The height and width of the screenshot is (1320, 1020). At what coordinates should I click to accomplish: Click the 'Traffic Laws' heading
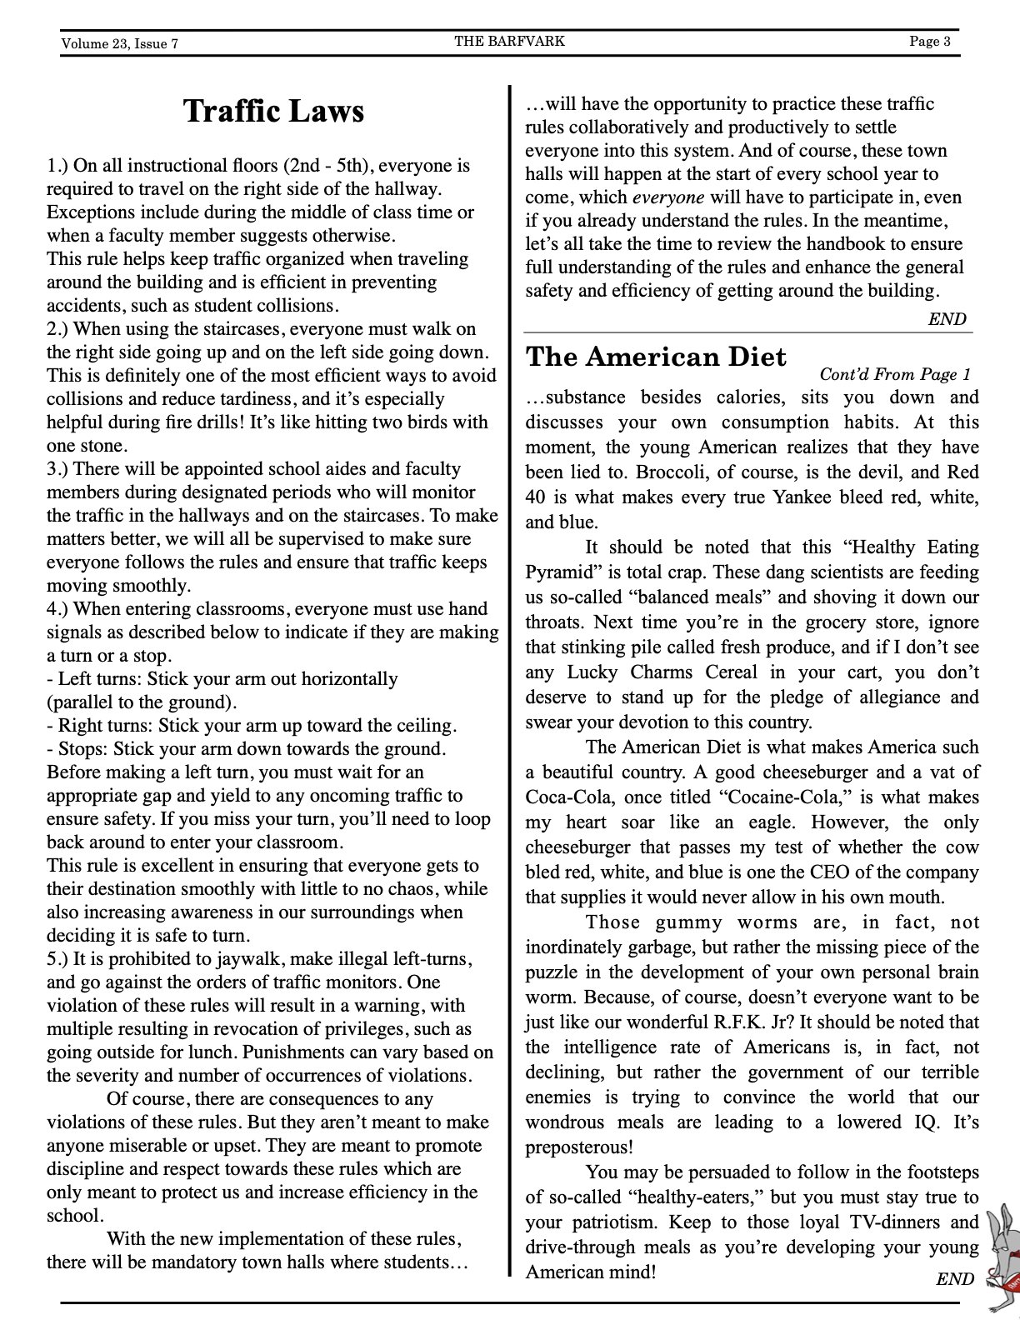tap(273, 111)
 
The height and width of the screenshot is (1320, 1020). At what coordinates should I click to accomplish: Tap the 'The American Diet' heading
tap(655, 357)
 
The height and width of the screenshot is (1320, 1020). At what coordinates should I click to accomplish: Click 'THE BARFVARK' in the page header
tap(509, 41)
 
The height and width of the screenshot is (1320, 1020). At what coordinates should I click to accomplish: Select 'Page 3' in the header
tap(929, 42)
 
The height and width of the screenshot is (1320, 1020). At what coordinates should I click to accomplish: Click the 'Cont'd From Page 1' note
tap(894, 375)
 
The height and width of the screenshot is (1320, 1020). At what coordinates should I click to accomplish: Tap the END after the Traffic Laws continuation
tap(947, 319)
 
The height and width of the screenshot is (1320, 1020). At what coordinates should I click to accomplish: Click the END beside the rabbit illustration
tap(954, 1278)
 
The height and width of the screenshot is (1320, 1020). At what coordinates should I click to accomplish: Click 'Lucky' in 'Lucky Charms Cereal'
tap(592, 672)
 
